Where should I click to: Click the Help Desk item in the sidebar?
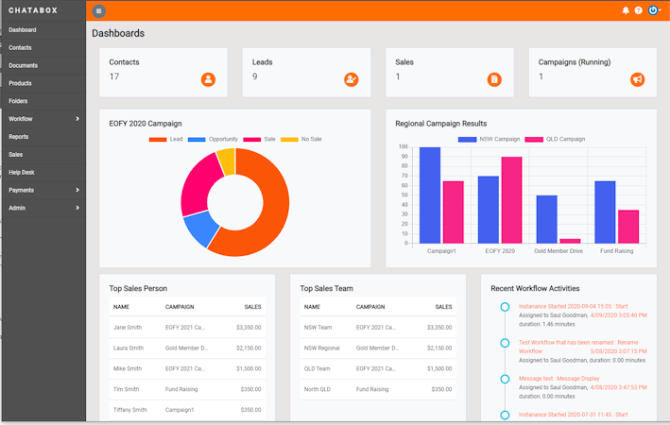pos(22,172)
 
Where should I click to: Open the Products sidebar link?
pos(20,83)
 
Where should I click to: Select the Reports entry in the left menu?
pos(19,137)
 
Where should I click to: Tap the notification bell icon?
pos(626,10)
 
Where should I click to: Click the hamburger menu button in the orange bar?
pos(99,10)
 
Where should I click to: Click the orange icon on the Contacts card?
pos(208,79)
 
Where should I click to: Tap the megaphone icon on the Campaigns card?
pos(637,79)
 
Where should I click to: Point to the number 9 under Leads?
pos(255,76)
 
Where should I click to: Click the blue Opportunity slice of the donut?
pos(199,227)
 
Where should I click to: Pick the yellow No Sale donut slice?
pos(226,160)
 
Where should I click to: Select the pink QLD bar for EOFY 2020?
pos(511,199)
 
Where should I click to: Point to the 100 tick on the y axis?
pos(404,147)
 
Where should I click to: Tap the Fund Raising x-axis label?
pos(616,251)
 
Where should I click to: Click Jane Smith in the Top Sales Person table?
pos(128,328)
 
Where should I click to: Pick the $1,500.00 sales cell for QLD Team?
pos(439,368)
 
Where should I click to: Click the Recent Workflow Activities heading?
pos(535,288)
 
